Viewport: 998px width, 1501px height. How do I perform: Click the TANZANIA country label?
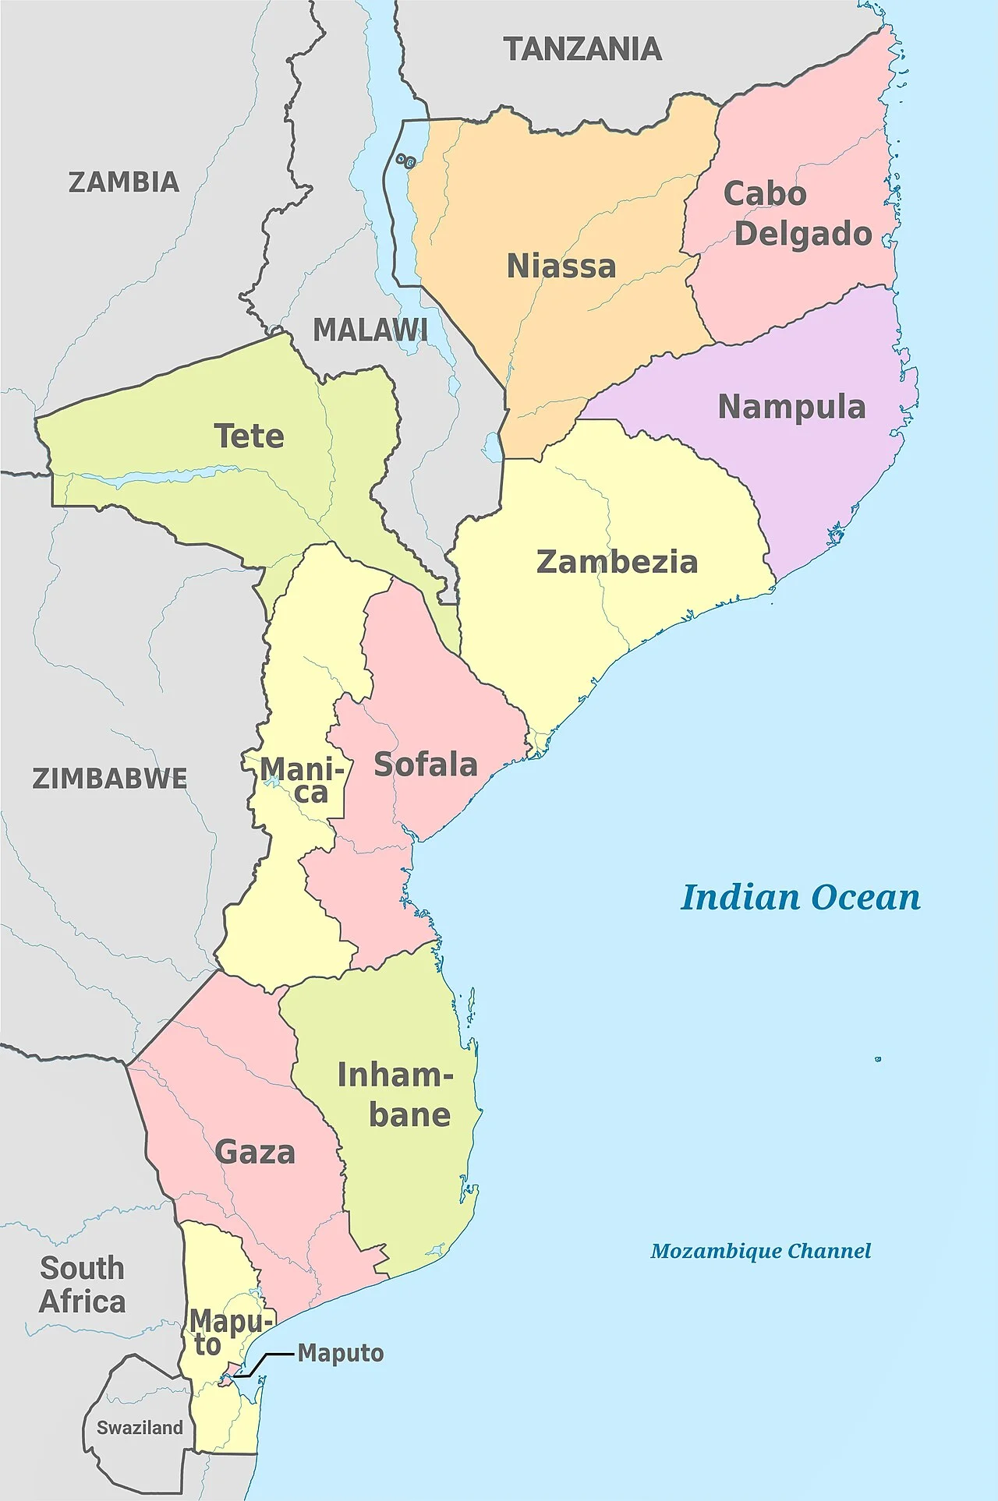[x=582, y=50]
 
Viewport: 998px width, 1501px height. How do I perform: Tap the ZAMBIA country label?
[x=124, y=182]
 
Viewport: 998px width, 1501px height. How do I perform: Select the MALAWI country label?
[x=370, y=330]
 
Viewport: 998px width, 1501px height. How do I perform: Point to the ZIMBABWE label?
[x=110, y=779]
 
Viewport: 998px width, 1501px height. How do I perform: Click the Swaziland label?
[x=140, y=1428]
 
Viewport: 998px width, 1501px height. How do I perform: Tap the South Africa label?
[x=82, y=1285]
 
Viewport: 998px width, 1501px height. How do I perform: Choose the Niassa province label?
[x=561, y=267]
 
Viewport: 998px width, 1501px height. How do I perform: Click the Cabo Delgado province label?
[x=795, y=214]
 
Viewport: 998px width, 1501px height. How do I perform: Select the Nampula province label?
[x=791, y=407]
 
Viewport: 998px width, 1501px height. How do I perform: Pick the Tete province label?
[x=249, y=436]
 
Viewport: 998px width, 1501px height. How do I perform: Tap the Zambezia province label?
[x=617, y=562]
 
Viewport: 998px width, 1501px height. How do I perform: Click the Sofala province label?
[x=426, y=765]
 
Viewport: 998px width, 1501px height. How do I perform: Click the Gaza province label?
[x=255, y=1152]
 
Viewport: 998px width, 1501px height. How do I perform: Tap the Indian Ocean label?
[x=801, y=898]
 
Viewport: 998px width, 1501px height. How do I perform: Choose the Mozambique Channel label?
[x=760, y=1252]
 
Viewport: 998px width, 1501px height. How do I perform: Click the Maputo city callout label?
[x=341, y=1354]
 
